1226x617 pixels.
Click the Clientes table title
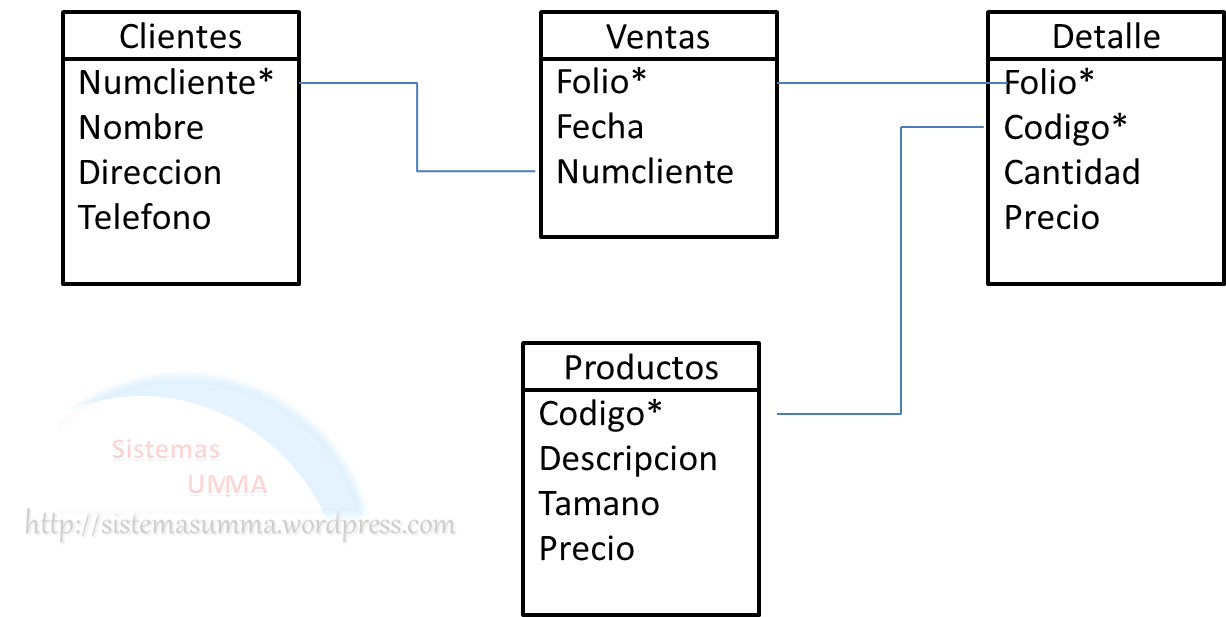(180, 37)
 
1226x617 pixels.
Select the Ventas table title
(657, 37)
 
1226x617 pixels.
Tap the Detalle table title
(1106, 37)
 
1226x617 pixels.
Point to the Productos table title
(641, 367)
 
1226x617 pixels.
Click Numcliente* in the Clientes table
(176, 82)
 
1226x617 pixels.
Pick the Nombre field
(141, 127)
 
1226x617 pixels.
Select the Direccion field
(150, 172)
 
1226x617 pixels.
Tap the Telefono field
(145, 217)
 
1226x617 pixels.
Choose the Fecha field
(600, 127)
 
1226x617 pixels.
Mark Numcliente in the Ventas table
(645, 172)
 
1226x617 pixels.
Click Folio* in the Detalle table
(1049, 82)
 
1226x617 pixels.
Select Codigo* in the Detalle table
(1065, 127)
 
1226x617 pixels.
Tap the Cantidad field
(1072, 172)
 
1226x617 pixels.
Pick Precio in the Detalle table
(1052, 217)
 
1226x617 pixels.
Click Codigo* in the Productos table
(601, 412)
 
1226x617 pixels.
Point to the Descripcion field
(628, 458)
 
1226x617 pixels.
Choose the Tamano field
(599, 503)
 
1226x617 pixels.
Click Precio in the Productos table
(587, 548)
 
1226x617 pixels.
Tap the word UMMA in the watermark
(227, 486)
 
